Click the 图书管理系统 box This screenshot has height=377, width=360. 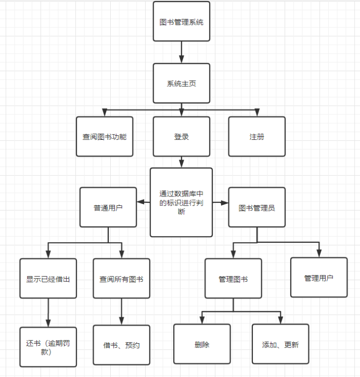182,22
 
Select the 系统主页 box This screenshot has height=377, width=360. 182,83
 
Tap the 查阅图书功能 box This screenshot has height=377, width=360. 105,137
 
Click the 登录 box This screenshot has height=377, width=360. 182,137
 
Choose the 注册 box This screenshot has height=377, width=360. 257,137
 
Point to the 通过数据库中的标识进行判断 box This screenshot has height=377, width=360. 182,202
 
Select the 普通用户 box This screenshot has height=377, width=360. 108,207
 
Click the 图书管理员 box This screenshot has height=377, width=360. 257,207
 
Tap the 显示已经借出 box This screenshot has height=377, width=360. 48,279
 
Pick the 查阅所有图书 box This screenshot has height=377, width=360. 122,279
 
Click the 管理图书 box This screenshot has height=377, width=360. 233,279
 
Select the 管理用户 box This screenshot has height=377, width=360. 319,278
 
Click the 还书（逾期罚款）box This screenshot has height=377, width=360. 48,347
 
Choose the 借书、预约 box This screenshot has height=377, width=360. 122,345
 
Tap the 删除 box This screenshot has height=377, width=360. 202,344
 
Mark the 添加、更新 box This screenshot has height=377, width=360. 280,344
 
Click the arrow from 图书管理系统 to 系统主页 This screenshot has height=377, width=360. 182,53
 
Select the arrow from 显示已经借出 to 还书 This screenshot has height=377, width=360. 48,313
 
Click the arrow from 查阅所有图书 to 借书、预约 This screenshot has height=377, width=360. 122,311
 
